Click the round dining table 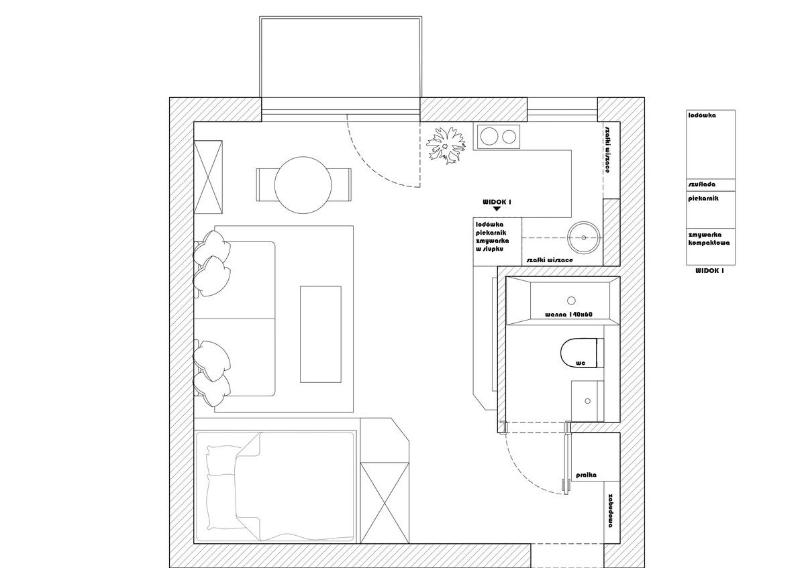[x=303, y=185]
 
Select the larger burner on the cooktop [x=488, y=137]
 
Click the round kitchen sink [x=584, y=237]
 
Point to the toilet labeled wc [x=579, y=353]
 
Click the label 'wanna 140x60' [x=568, y=314]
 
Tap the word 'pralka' [x=586, y=475]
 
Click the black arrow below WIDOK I [x=497, y=209]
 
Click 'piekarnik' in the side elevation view [x=703, y=198]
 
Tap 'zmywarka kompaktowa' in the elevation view [x=709, y=239]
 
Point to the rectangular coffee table [x=321, y=335]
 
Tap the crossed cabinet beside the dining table [x=209, y=176]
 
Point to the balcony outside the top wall [x=341, y=64]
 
